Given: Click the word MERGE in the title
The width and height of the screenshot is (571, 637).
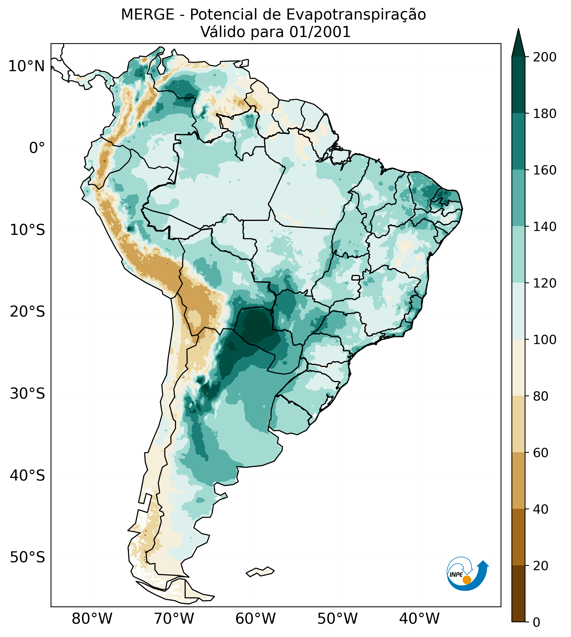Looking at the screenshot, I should (x=147, y=15).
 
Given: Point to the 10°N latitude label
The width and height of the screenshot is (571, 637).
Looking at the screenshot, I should (x=26, y=66).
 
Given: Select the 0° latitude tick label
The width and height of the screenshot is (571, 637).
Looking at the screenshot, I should (x=37, y=148).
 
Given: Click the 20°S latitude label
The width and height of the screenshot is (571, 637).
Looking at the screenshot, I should (x=27, y=312).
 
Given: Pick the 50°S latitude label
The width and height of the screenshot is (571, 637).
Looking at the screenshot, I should (x=27, y=558).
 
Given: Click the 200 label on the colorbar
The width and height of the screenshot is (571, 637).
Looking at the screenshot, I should (x=545, y=57).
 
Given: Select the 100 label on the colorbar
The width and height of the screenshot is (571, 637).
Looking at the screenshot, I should (x=545, y=339).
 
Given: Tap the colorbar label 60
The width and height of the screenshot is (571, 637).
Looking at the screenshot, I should (x=541, y=453).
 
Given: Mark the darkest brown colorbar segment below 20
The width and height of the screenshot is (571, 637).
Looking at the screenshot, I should (x=518, y=593).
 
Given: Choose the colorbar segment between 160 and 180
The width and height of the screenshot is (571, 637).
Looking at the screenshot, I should (x=518, y=142).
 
